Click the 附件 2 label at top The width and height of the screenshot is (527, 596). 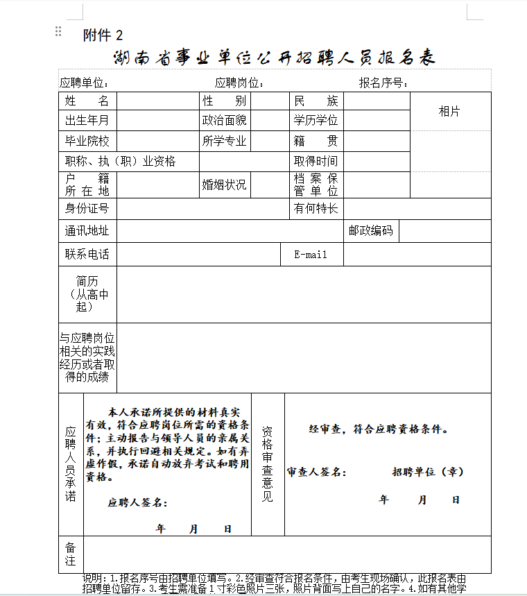point(103,35)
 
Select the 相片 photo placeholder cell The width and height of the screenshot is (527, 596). point(449,111)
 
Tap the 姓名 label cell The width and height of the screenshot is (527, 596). point(87,101)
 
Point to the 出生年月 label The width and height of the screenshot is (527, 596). point(87,121)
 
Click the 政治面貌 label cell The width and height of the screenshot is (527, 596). point(224,121)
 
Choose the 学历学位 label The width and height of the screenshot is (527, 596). point(316,121)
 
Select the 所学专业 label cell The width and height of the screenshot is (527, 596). point(224,142)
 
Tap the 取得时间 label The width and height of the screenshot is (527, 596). point(316,162)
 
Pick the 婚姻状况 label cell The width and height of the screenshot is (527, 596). point(224,185)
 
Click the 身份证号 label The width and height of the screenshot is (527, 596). point(87,208)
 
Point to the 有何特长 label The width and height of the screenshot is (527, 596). point(316,208)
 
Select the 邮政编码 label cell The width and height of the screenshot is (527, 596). point(371,230)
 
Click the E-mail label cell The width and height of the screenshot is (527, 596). point(311,255)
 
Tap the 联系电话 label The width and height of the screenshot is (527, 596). point(87,255)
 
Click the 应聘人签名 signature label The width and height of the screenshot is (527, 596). point(137,502)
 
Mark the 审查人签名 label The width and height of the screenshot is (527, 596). point(316,472)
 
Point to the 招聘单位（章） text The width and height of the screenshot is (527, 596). point(428,472)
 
